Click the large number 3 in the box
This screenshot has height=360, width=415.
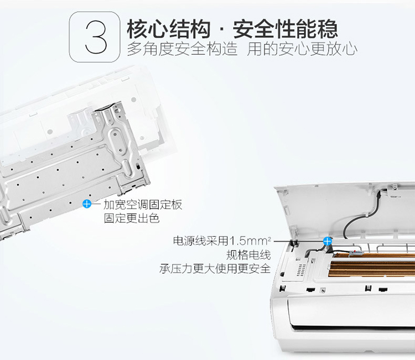[96, 36]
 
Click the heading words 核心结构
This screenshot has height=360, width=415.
[169, 29]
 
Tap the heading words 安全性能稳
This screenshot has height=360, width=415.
[286, 29]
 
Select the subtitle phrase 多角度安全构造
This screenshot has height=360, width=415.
[182, 49]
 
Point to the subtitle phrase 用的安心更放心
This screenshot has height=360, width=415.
[302, 49]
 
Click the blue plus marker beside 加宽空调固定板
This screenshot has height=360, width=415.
[86, 204]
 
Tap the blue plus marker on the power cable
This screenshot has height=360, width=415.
[328, 241]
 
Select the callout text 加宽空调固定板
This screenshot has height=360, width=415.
[143, 205]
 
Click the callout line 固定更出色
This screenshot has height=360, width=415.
[132, 218]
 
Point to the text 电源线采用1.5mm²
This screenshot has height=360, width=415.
[222, 241]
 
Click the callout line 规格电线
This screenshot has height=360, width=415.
[248, 255]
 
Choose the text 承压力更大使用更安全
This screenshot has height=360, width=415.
[215, 269]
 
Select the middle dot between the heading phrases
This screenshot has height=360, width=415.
[222, 30]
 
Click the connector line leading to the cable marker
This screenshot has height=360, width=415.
[299, 241]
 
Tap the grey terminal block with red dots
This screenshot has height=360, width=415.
[356, 253]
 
